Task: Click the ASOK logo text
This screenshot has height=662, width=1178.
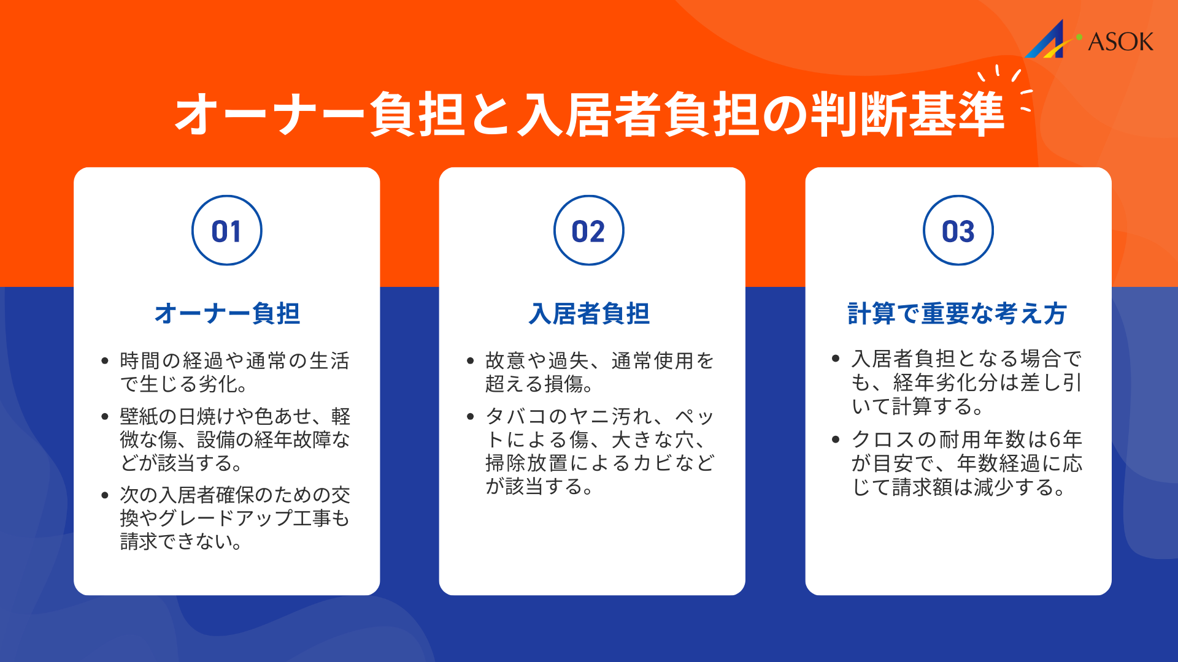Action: pos(1120,42)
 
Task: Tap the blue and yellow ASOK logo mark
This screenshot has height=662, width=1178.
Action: pos(1050,40)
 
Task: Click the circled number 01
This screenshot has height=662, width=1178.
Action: pos(227,231)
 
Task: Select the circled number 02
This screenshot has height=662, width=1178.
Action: pos(589,231)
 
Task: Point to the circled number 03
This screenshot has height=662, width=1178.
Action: pos(958,231)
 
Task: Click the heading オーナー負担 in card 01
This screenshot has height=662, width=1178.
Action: pos(227,313)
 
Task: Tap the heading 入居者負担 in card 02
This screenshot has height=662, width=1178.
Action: pos(589,313)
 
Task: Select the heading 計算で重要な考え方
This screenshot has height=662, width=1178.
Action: pos(957,313)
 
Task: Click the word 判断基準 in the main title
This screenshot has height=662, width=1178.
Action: pos(908,115)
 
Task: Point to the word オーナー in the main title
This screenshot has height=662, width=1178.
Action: pos(270,115)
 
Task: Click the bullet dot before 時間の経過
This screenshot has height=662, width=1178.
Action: pos(105,361)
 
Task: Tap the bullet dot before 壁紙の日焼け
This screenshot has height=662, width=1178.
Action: pos(105,417)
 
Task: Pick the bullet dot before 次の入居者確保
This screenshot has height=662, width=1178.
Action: pos(105,495)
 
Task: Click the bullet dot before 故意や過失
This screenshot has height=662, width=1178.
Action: pos(471,361)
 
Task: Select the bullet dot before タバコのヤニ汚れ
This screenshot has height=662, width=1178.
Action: pos(471,417)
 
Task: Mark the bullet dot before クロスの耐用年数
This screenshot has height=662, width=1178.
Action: pos(836,439)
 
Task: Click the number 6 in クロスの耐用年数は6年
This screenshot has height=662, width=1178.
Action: pos(1055,439)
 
